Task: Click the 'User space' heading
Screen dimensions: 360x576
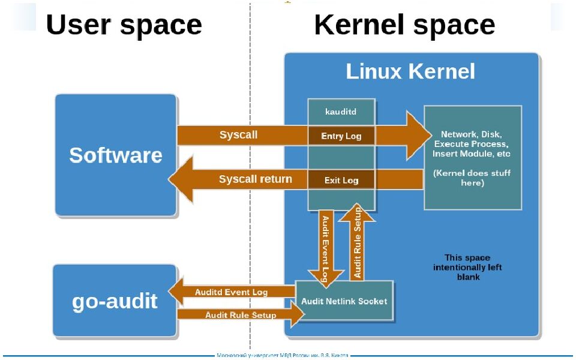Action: pos(124,26)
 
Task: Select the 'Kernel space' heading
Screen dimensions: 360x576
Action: pos(404,26)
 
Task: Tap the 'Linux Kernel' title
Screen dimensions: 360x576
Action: pos(410,72)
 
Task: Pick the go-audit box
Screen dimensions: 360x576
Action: pos(115,301)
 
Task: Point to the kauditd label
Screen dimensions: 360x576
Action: pos(341,112)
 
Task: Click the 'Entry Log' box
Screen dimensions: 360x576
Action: pos(341,136)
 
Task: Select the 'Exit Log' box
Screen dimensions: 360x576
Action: pos(341,180)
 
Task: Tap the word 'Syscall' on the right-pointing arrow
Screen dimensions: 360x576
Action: pos(238,135)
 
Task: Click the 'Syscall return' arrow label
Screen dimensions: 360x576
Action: pos(255,179)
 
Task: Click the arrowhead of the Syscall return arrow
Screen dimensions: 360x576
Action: pos(181,179)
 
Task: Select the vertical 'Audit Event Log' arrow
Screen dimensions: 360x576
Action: pos(325,246)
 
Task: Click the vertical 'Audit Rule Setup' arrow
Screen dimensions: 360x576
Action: pos(358,243)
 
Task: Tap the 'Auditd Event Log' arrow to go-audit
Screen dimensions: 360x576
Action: pos(231,292)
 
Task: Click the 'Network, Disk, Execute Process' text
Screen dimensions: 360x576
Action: pos(471,144)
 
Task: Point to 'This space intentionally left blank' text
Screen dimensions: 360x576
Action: pos(467,268)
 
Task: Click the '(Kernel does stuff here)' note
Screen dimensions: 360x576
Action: pos(472,178)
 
